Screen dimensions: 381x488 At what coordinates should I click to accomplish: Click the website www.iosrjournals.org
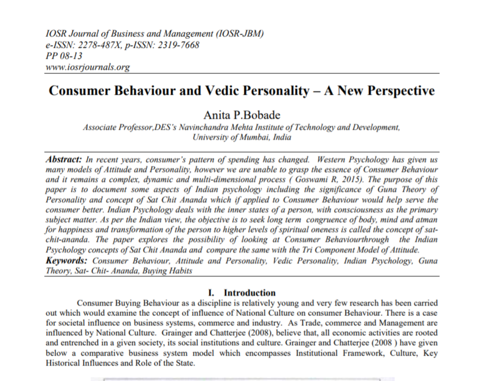88,67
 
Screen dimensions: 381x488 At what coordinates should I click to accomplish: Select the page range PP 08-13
64,56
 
